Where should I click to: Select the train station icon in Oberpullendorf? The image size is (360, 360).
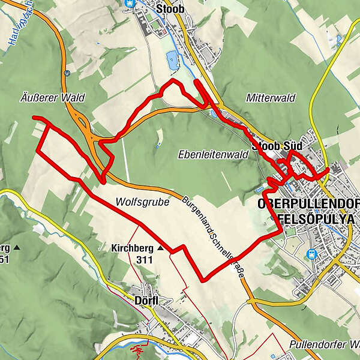[311, 254]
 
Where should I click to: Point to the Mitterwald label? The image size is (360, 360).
[265, 97]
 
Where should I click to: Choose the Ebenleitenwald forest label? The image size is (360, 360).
[213, 154]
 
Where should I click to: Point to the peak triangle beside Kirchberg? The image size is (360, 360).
[161, 247]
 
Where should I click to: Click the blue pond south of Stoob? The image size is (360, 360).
[172, 59]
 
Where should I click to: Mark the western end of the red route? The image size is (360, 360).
[34, 118]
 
